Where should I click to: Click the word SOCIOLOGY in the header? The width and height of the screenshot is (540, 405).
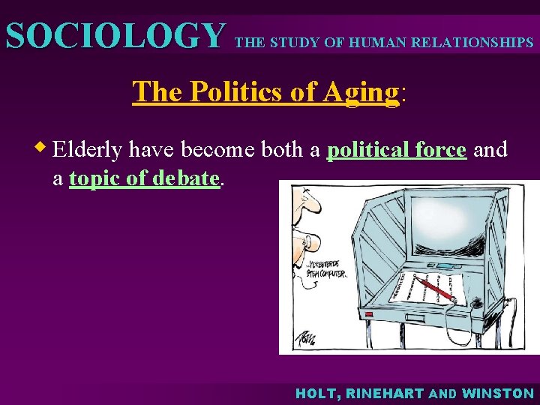tap(114, 36)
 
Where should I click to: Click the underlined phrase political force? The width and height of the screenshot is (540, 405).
tap(397, 150)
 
